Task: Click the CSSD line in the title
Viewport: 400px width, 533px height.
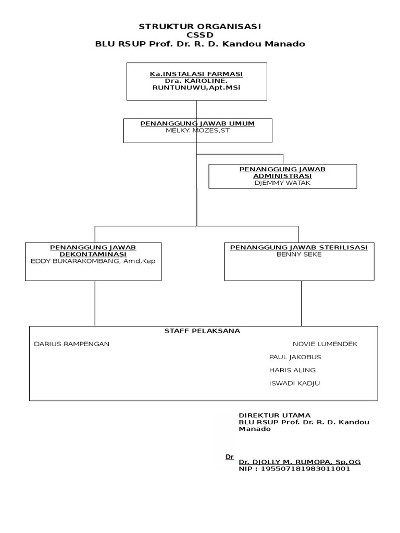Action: pos(200,35)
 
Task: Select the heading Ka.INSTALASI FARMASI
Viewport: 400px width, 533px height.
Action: pos(196,74)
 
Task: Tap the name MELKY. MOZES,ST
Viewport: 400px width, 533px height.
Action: pos(197,130)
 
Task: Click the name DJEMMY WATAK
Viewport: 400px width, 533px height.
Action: pos(283,183)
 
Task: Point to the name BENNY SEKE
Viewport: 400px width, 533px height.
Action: pos(299,255)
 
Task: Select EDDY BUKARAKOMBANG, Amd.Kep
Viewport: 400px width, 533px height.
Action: pos(93,261)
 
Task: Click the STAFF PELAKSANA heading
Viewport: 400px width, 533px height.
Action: pos(202,331)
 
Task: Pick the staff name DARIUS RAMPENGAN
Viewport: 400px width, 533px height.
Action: pos(71,344)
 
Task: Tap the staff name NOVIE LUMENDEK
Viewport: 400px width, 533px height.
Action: pos(325,344)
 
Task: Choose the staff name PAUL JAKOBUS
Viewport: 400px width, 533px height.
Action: pos(295,357)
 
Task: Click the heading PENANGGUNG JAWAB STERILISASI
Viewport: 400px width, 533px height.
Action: pos(299,248)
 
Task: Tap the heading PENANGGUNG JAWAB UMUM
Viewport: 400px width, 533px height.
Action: pos(197,123)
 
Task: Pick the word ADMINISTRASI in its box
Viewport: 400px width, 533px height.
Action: pos(282,176)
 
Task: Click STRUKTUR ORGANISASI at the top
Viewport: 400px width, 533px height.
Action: pos(200,26)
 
